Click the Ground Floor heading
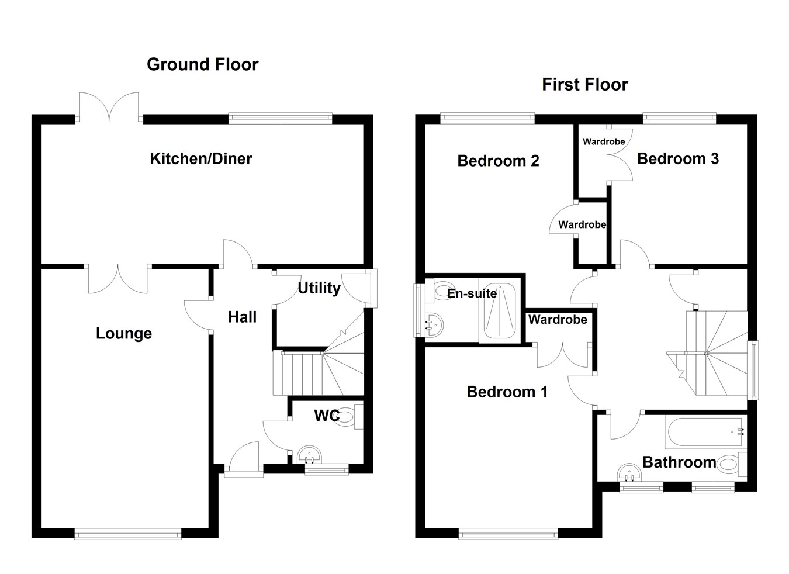(202, 64)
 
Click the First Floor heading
(584, 85)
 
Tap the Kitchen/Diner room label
(200, 158)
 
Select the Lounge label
(123, 333)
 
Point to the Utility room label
(319, 288)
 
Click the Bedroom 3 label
(677, 158)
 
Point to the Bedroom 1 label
(507, 392)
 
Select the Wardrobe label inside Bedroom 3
(604, 141)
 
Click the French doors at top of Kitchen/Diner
(109, 108)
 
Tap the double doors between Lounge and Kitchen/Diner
(119, 279)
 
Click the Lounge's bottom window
(128, 532)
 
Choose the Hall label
(242, 317)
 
